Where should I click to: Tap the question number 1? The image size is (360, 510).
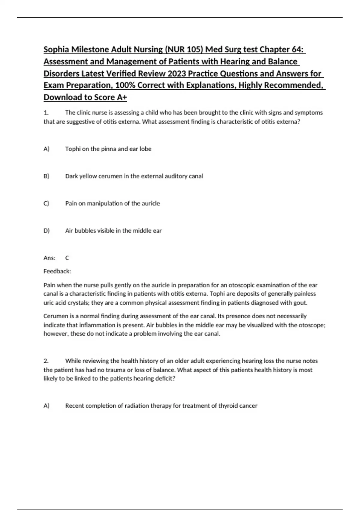(x=46, y=113)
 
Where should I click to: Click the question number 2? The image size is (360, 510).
(x=46, y=361)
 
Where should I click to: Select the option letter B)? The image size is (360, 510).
(x=46, y=176)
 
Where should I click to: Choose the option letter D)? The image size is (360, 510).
(x=46, y=231)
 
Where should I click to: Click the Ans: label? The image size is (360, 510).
(x=49, y=258)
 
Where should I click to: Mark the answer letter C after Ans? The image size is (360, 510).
(x=67, y=258)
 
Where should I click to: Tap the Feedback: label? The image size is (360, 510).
(x=57, y=271)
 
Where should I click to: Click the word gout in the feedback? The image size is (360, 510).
(x=301, y=303)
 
